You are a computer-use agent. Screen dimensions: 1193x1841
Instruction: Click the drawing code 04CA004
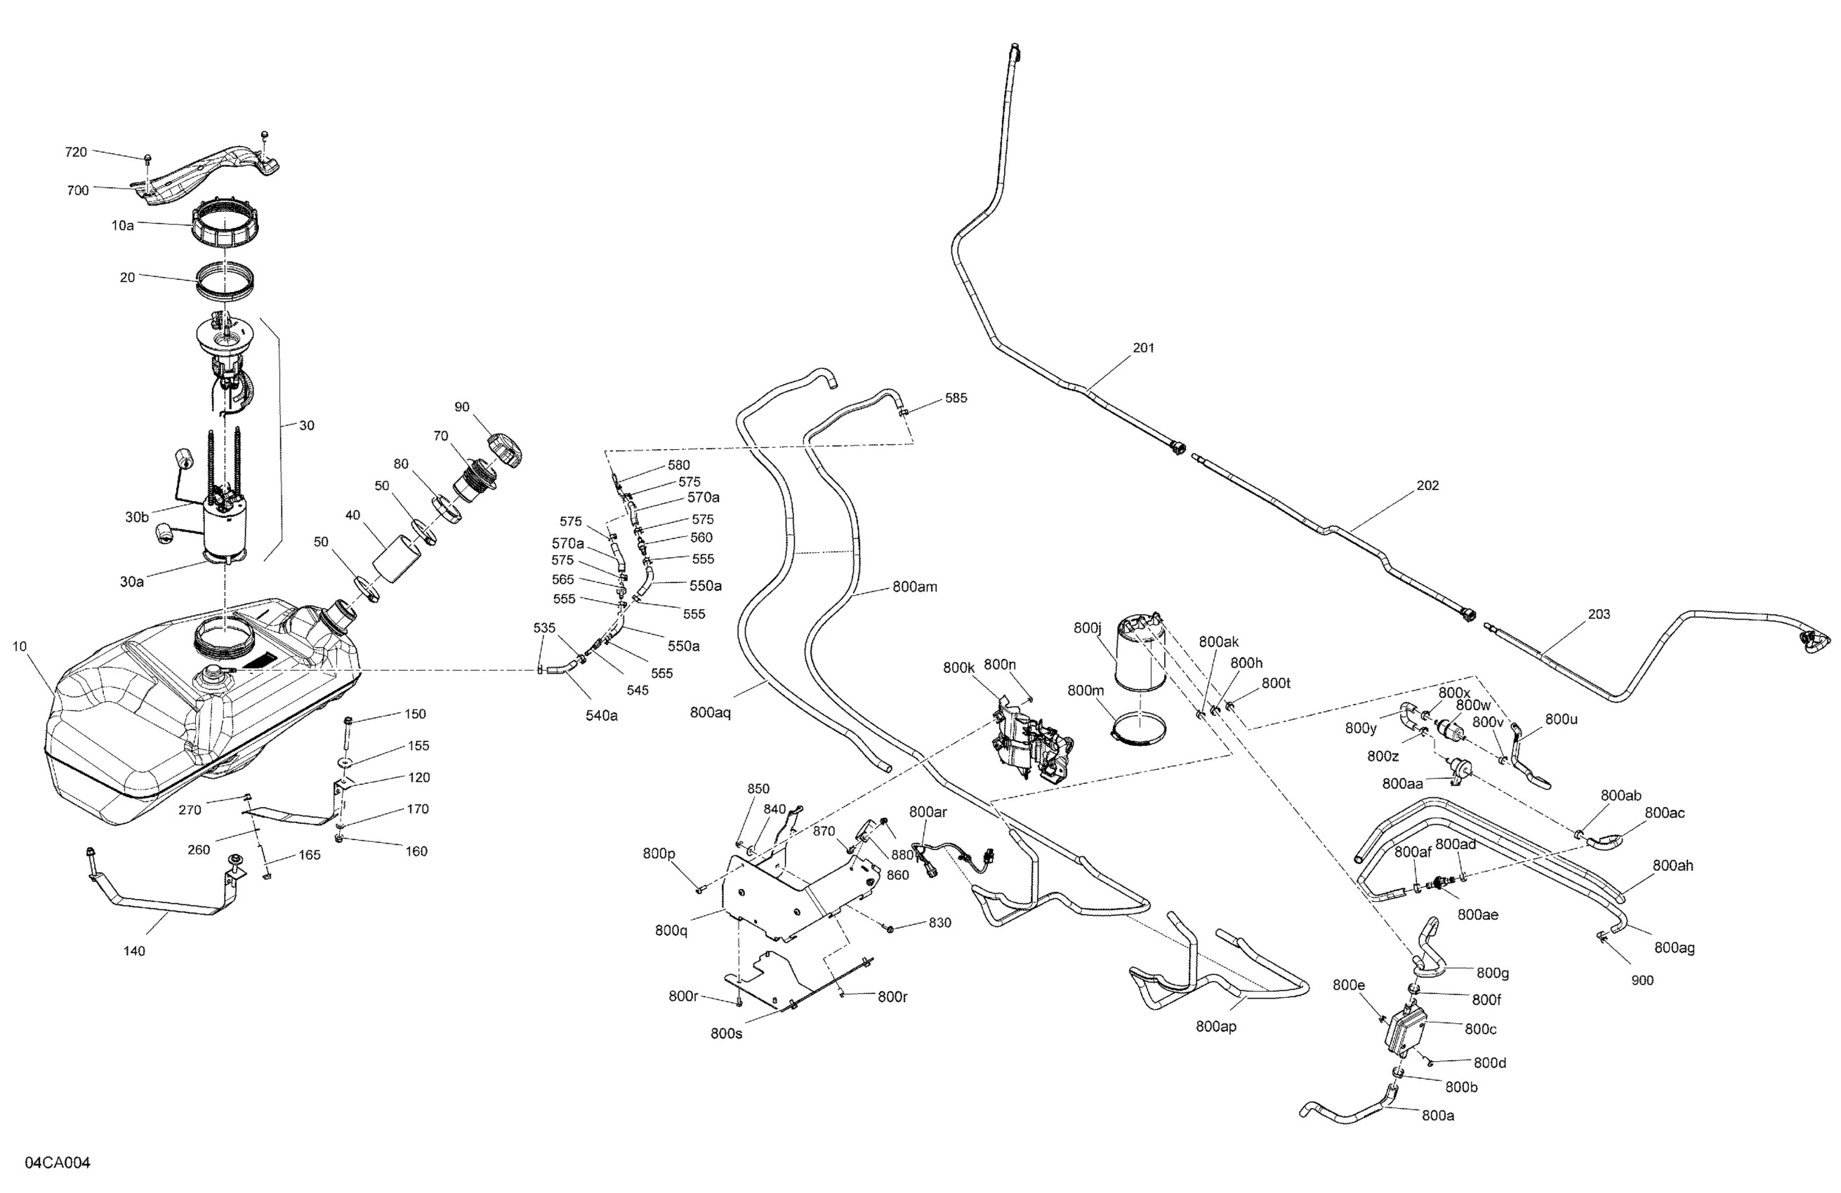pyautogui.click(x=58, y=1163)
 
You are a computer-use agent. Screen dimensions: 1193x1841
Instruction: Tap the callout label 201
pyautogui.click(x=1143, y=348)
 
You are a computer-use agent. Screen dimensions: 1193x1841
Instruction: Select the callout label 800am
pyautogui.click(x=914, y=587)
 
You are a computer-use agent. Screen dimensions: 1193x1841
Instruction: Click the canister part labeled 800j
pyautogui.click(x=1140, y=653)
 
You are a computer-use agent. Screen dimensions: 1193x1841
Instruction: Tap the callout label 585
pyautogui.click(x=956, y=398)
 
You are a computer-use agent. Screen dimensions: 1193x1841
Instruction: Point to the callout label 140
pyautogui.click(x=135, y=951)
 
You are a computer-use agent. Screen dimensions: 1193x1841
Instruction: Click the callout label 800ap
pyautogui.click(x=1216, y=1026)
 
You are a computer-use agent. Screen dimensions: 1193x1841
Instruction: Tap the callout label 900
pyautogui.click(x=1642, y=980)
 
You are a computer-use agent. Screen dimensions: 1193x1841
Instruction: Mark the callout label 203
pyautogui.click(x=1599, y=614)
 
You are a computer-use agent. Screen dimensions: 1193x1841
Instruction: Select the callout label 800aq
pyautogui.click(x=710, y=713)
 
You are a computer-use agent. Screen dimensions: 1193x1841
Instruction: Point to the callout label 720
pyautogui.click(x=76, y=152)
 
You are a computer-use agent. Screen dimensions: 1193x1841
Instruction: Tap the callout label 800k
pyautogui.click(x=958, y=667)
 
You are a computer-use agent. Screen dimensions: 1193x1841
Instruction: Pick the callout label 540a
pyautogui.click(x=601, y=716)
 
